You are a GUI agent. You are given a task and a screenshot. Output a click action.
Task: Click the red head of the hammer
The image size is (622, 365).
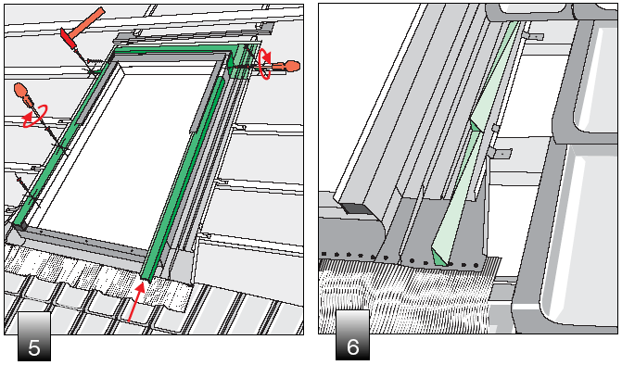[70, 39]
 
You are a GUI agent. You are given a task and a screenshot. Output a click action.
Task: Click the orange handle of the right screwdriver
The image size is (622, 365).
[288, 66]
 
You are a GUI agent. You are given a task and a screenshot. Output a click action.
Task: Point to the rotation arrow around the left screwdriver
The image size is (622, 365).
[34, 116]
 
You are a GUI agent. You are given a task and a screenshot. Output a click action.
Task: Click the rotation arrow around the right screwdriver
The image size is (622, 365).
[264, 63]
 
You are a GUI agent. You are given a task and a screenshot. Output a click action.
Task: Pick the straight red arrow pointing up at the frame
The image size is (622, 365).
[135, 301]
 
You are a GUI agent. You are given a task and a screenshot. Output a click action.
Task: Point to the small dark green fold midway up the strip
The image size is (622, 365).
[476, 126]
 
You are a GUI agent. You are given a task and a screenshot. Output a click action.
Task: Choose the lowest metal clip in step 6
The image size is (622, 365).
[500, 153]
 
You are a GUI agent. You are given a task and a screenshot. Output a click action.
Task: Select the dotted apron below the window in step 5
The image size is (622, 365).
[99, 270]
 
